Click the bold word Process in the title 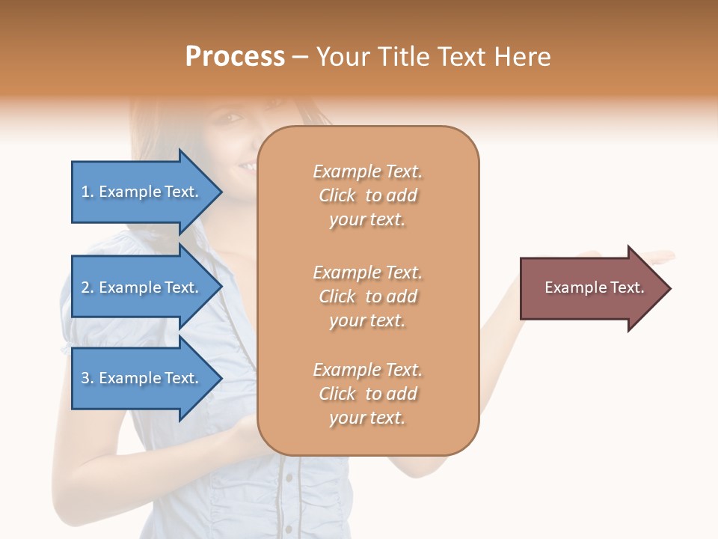pyautogui.click(x=235, y=57)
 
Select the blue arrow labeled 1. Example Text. pyautogui.click(x=142, y=192)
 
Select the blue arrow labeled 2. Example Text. pyautogui.click(x=142, y=287)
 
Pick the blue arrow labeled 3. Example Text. pyautogui.click(x=142, y=378)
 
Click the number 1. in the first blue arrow pyautogui.click(x=88, y=192)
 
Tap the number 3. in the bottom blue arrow pyautogui.click(x=88, y=379)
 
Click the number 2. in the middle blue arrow pyautogui.click(x=88, y=288)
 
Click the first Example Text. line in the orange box pyautogui.click(x=367, y=172)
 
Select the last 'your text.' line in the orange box pyautogui.click(x=367, y=418)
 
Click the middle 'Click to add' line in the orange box pyautogui.click(x=367, y=297)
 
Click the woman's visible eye pyautogui.click(x=231, y=119)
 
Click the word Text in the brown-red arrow pyautogui.click(x=627, y=287)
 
